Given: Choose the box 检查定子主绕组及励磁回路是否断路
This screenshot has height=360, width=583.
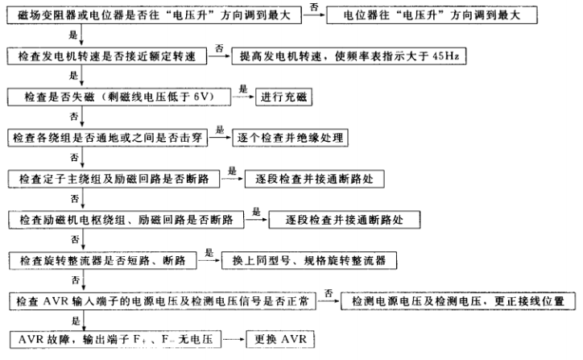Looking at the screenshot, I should tap(112, 178).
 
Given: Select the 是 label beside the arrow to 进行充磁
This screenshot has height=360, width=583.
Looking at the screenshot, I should tap(242, 89).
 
